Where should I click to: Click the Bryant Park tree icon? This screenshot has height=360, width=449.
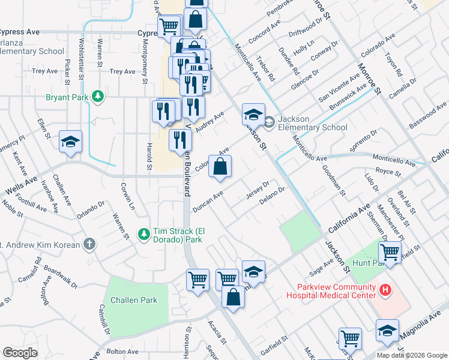coord(97,97)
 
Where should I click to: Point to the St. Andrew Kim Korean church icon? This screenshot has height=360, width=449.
coord(89,244)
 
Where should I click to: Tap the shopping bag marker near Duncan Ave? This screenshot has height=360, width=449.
coord(220,168)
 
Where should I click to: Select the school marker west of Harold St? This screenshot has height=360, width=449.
coord(71,143)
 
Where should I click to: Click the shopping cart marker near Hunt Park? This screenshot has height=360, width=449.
coord(390,252)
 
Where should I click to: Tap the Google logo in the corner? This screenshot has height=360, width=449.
coord(20,353)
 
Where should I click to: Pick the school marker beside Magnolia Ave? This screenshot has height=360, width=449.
coord(387,331)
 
